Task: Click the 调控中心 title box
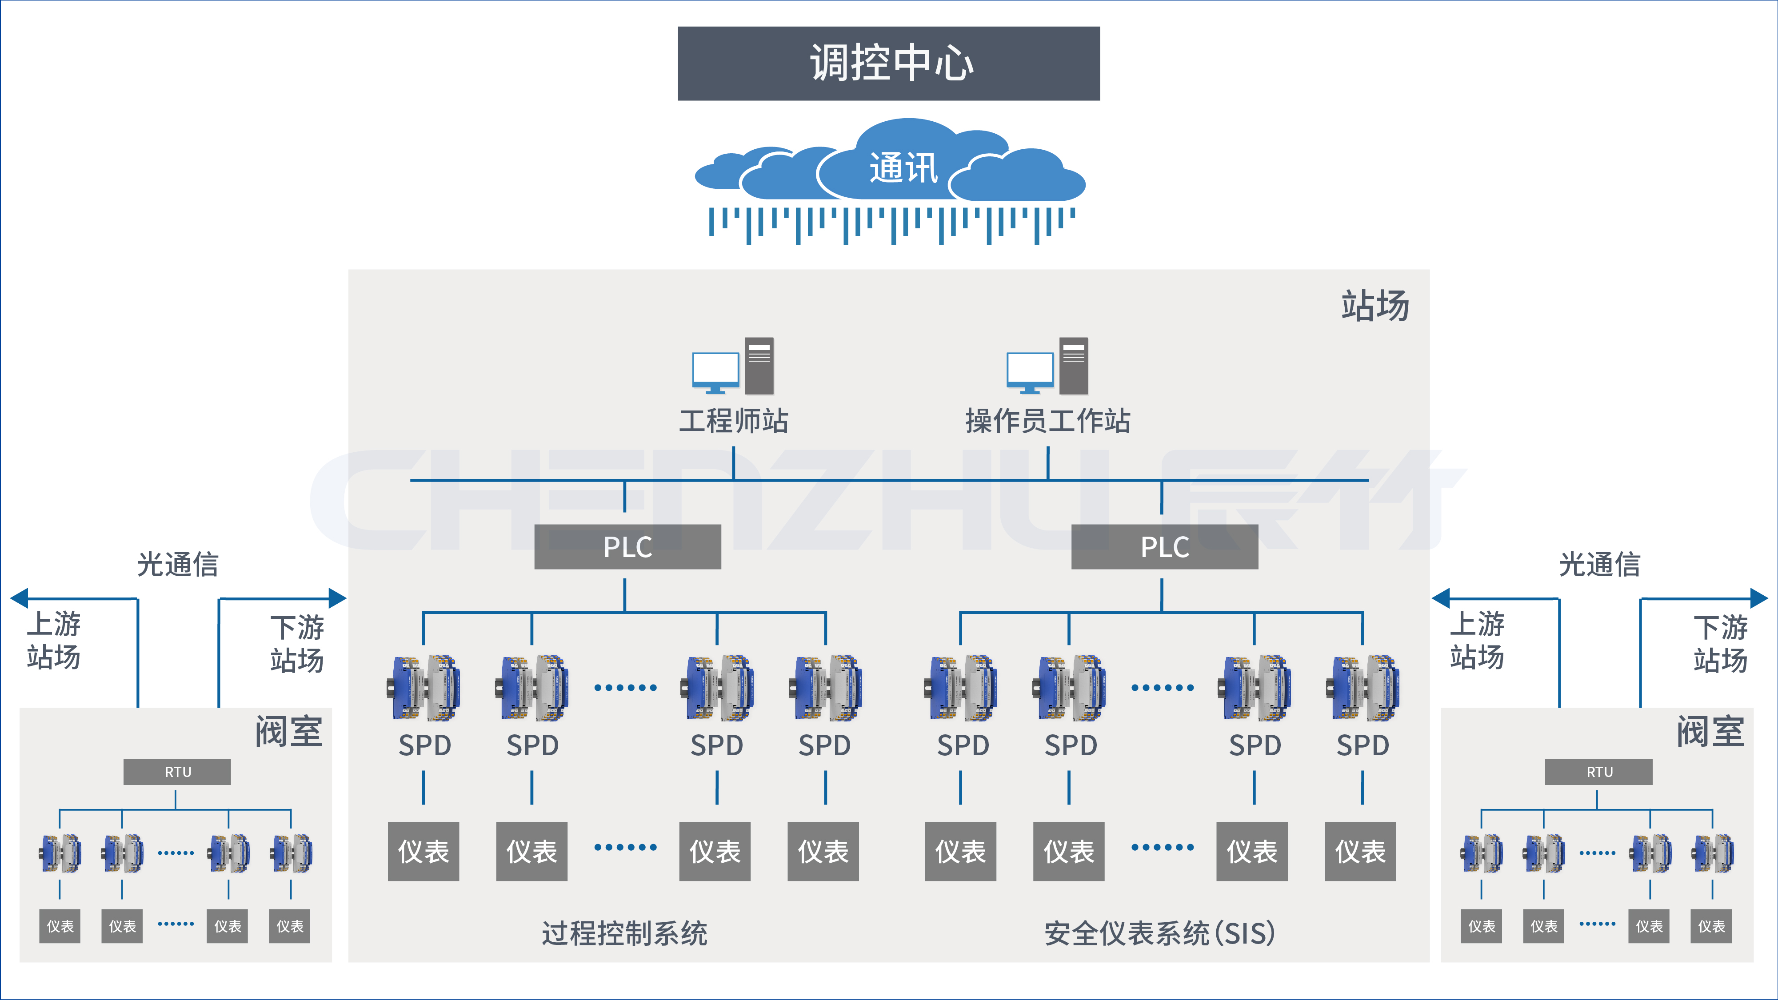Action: pos(888,64)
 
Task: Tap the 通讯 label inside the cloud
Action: pos(903,167)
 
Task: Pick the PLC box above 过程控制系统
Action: pos(627,546)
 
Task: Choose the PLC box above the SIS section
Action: pos(1164,546)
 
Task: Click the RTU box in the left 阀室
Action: pos(177,772)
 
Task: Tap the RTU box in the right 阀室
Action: pos(1598,772)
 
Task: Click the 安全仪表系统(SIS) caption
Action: pos(1159,933)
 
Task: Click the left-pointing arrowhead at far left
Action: pos(19,598)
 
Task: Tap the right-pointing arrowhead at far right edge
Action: pos(1759,598)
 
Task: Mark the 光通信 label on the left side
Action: pos(177,565)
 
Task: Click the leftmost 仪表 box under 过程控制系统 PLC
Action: pos(423,851)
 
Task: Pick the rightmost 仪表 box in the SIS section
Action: pos(1360,851)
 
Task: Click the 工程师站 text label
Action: pos(733,420)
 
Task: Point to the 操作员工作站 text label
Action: pos(1047,420)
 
